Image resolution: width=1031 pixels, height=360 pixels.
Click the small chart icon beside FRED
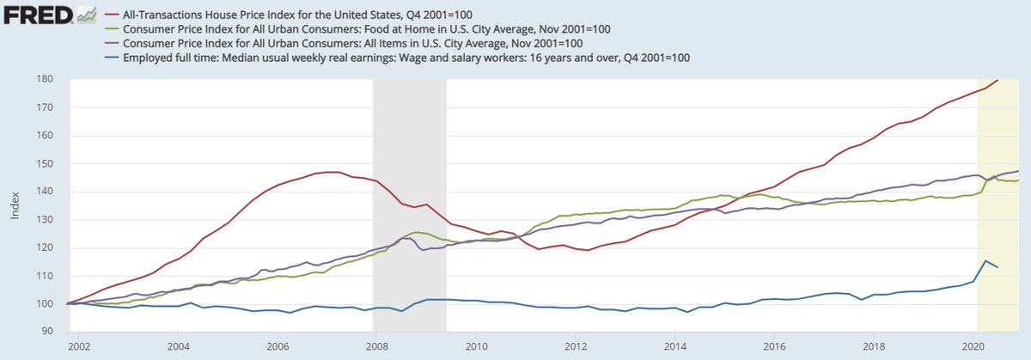point(85,15)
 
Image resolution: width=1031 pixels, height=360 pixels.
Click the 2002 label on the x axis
point(79,346)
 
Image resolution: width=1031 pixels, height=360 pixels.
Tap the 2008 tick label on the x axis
point(375,346)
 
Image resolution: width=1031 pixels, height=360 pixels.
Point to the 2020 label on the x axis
point(972,346)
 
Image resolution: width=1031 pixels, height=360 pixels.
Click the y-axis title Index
point(14,205)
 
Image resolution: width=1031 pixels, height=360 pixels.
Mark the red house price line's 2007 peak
point(332,172)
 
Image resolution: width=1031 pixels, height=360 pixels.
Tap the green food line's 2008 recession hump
point(417,233)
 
